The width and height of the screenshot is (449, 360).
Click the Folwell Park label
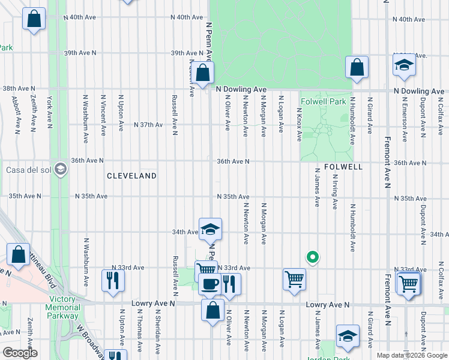(x=324, y=102)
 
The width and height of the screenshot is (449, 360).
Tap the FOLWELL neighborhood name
(x=343, y=167)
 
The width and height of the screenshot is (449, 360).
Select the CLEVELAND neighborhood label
(x=131, y=176)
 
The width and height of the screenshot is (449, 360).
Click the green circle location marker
(x=312, y=257)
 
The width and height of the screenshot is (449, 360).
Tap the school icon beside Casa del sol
(x=60, y=169)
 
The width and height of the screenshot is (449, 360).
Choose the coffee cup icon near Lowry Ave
(x=209, y=284)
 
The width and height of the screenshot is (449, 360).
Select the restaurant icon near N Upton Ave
(x=113, y=280)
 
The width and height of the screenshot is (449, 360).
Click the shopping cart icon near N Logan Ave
(x=294, y=279)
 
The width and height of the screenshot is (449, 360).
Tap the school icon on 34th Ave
(x=210, y=229)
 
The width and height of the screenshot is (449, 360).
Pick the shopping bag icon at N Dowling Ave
(x=203, y=73)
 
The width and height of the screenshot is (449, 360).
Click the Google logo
(x=20, y=353)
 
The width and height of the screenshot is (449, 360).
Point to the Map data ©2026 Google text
(x=411, y=355)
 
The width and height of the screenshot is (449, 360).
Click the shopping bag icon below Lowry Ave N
(x=212, y=310)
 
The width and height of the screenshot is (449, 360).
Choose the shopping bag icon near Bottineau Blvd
(x=18, y=254)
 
